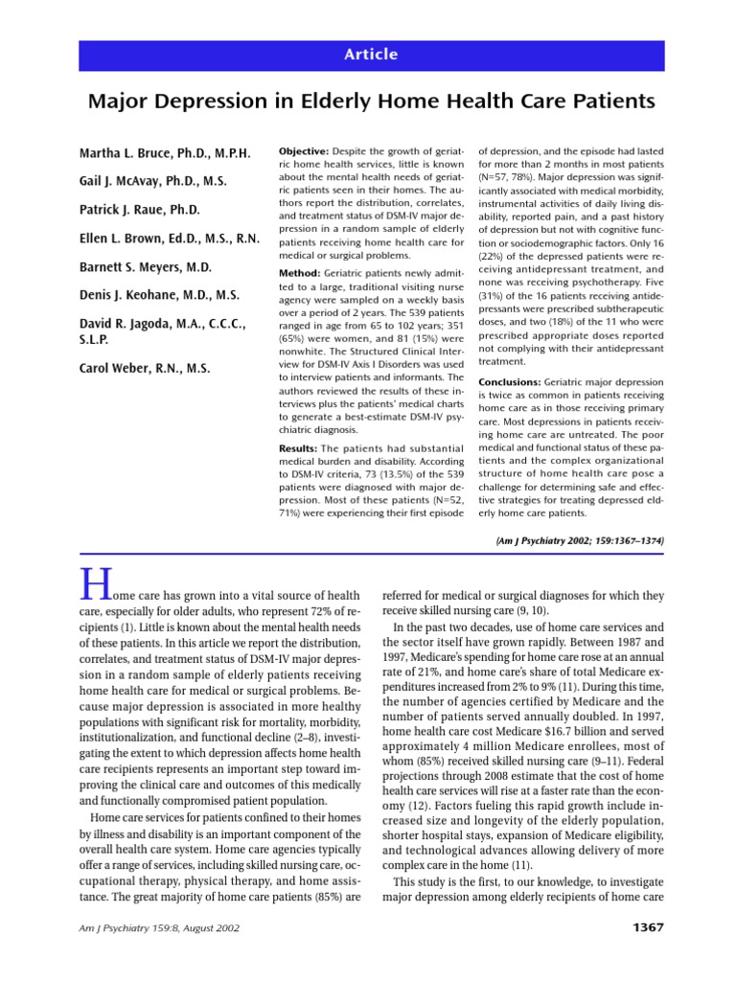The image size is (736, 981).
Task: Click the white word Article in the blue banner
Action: click(371, 55)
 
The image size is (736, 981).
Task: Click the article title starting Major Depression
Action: click(371, 101)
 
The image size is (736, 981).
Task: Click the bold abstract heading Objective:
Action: click(304, 152)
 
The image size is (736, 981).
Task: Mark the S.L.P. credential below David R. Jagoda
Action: click(93, 340)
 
